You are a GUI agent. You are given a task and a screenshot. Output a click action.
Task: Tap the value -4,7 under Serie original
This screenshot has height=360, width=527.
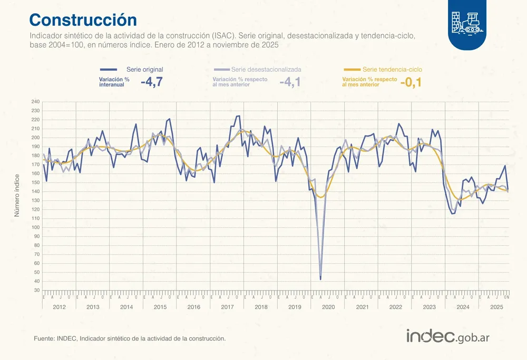point(152,82)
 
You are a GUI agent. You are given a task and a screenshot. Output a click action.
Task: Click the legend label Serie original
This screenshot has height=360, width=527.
point(145,70)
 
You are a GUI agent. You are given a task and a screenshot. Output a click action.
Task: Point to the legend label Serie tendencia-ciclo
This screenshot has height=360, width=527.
point(392,70)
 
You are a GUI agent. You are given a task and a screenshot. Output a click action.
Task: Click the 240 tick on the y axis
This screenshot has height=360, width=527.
point(35,102)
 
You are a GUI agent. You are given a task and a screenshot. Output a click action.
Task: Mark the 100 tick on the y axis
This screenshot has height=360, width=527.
point(35,228)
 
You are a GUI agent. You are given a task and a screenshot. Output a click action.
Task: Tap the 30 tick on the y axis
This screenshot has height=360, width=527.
point(36,290)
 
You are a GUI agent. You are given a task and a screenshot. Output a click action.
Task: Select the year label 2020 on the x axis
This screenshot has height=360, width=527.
point(328,307)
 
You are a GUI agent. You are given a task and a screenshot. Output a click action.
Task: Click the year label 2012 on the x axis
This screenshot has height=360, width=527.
point(59,307)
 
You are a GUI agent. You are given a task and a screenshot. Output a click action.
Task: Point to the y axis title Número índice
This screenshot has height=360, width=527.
point(16,196)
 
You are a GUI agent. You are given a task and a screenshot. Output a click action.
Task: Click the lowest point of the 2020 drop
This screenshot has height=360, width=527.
point(321,278)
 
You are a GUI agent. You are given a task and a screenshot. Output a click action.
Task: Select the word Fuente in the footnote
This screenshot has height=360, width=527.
point(43,338)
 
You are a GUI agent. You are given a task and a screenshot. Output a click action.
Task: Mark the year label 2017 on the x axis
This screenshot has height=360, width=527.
point(227,307)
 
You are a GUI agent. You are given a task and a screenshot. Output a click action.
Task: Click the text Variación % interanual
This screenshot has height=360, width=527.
point(114,82)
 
